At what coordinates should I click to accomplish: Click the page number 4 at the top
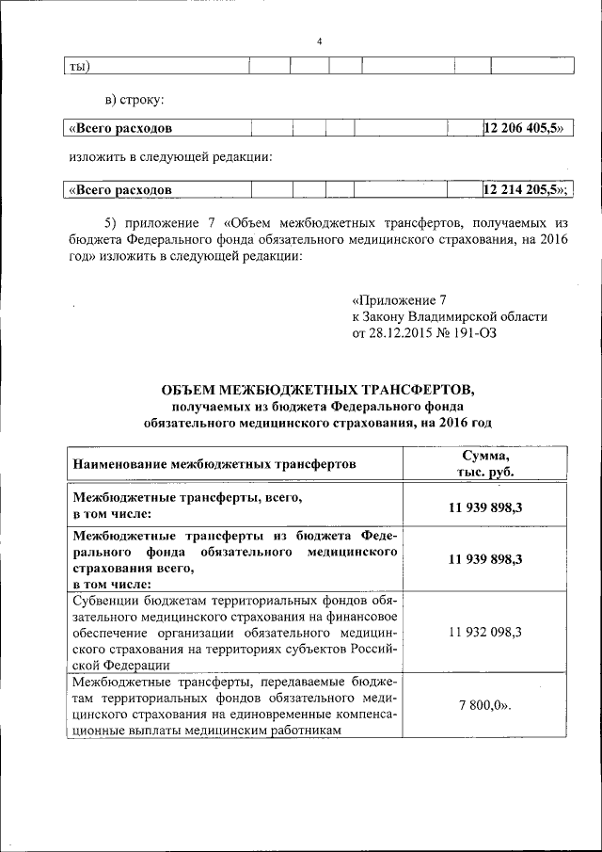pos(319,41)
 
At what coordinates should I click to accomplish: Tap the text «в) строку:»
pos(135,98)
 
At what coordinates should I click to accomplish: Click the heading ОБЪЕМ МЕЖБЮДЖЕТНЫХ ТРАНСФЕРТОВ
pos(319,390)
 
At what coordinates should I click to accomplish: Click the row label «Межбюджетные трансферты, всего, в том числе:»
pos(188,506)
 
